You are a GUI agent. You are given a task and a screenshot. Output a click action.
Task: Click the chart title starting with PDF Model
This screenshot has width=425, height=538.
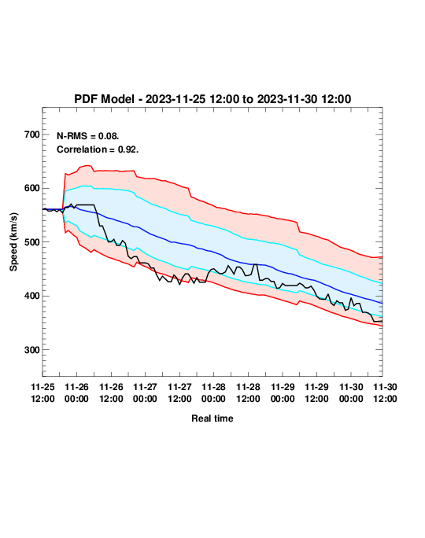tap(213, 99)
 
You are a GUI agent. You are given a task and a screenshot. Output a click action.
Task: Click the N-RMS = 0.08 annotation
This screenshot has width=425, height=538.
tap(88, 136)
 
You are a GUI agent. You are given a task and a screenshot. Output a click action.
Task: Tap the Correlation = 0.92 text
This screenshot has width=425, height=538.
tap(98, 149)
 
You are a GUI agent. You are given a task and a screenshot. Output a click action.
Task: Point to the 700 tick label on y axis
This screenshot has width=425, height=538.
tap(32, 134)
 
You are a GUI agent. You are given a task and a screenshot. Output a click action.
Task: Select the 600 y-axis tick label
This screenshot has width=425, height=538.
tap(32, 188)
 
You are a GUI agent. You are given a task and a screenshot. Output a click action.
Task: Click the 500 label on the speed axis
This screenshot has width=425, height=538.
tap(32, 242)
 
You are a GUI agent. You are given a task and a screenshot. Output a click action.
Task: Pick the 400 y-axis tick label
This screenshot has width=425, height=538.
tap(32, 296)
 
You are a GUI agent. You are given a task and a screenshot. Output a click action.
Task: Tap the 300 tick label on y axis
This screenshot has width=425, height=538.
tap(32, 350)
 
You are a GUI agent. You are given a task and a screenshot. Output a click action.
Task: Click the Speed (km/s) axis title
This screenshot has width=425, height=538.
tap(13, 242)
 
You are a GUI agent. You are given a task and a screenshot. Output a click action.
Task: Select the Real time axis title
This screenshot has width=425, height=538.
tap(213, 418)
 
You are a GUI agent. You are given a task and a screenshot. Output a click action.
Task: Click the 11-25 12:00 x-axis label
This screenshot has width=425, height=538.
tap(42, 392)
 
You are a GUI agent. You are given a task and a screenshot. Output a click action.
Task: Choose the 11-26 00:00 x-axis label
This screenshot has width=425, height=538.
tap(76, 392)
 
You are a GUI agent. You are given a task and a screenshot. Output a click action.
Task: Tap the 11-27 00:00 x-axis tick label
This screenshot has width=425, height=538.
tap(145, 392)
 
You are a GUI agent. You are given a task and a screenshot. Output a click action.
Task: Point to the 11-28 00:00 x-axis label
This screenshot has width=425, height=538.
tap(213, 392)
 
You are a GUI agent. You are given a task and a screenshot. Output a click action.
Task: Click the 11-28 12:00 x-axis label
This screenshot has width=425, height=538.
tap(248, 392)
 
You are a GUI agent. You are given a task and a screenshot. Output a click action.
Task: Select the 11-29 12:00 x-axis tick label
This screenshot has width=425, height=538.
tap(316, 392)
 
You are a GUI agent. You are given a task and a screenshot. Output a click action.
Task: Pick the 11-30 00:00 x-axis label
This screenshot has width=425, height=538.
tap(351, 392)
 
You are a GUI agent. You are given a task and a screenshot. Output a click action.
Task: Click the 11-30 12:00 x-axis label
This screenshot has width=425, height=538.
tap(385, 392)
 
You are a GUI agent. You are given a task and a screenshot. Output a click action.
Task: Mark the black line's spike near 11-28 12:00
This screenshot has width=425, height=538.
tap(256, 264)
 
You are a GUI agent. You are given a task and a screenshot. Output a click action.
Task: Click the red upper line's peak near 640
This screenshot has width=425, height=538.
tap(88, 165)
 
